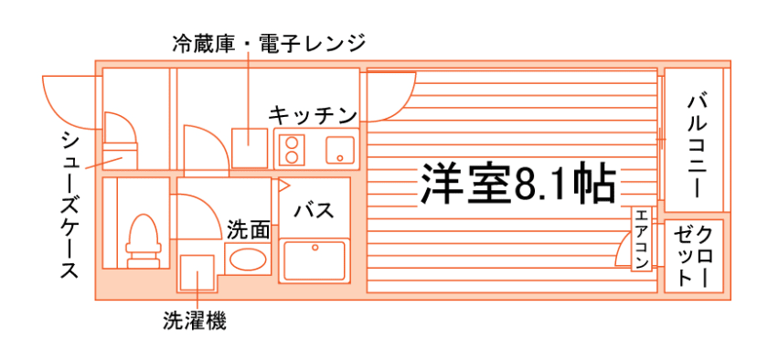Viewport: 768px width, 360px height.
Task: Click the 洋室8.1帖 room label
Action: tap(517, 185)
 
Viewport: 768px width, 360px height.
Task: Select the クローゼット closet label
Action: tap(694, 256)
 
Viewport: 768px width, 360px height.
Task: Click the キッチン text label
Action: tap(312, 116)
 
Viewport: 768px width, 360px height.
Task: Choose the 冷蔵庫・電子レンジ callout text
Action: tap(269, 42)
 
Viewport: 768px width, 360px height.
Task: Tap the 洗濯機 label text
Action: tap(195, 321)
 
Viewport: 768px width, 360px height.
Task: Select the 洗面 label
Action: tap(248, 229)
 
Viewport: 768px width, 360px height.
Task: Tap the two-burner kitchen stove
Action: tap(293, 149)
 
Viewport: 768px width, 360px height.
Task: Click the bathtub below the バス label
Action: tap(314, 262)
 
